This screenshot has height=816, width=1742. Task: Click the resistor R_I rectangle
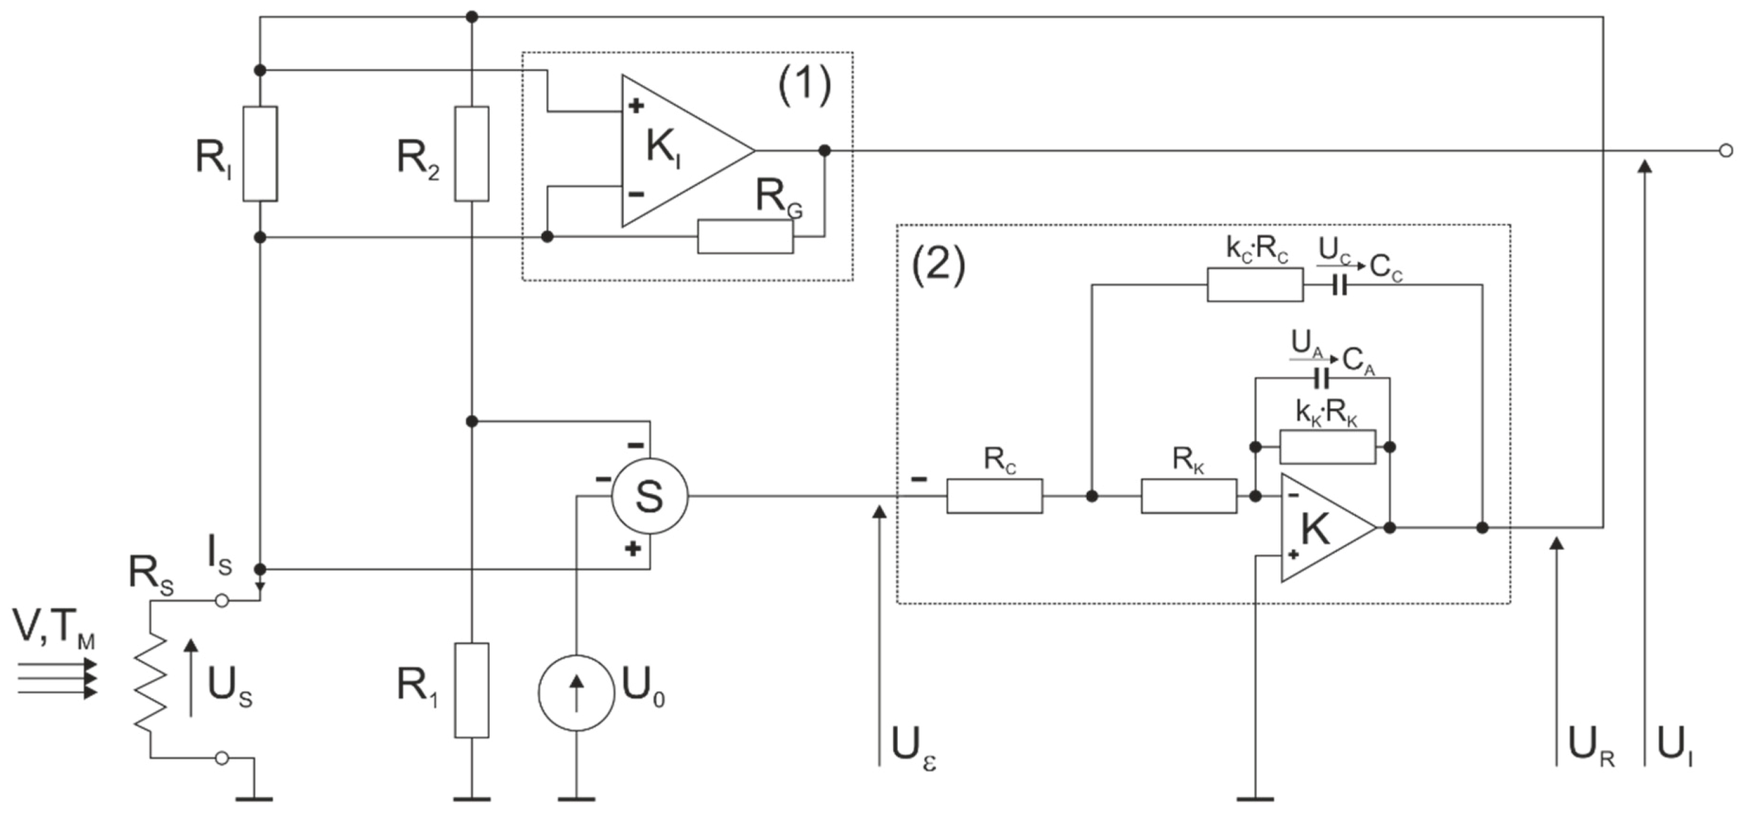(260, 154)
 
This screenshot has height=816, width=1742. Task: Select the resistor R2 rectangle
(472, 154)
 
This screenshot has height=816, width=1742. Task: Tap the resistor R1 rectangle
(472, 690)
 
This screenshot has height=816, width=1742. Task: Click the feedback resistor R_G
(746, 237)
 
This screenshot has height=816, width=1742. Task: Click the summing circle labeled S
(649, 496)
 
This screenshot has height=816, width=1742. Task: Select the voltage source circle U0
(576, 693)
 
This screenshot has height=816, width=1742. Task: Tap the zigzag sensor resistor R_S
(151, 681)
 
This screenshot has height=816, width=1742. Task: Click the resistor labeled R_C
(994, 496)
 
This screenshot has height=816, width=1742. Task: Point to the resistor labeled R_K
(1189, 496)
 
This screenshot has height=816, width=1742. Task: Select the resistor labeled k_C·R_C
(1255, 285)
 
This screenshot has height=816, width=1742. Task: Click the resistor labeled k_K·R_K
(1328, 447)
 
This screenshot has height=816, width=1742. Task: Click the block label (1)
(804, 88)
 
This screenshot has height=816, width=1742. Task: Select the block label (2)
(938, 265)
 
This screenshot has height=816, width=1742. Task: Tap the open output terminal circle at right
(1725, 150)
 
